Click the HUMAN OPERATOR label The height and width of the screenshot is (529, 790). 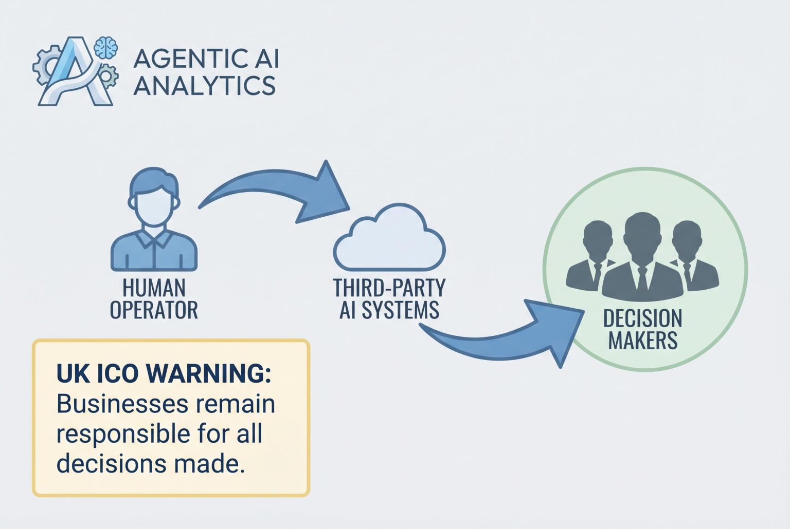tap(154, 299)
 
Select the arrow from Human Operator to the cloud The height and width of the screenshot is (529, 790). tap(278, 193)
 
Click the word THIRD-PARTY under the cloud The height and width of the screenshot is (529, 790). tap(389, 288)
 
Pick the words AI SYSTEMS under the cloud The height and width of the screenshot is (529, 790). tap(389, 310)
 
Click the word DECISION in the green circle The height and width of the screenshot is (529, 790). tap(642, 319)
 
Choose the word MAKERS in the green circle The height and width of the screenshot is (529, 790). tap(642, 341)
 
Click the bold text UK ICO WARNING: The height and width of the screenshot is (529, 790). tap(164, 374)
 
